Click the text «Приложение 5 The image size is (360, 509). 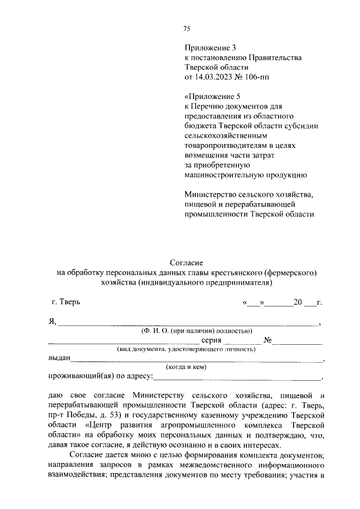(x=211, y=96)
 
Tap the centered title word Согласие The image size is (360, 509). (x=186, y=263)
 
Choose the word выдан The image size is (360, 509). (x=58, y=358)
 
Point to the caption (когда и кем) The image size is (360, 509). (x=186, y=367)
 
